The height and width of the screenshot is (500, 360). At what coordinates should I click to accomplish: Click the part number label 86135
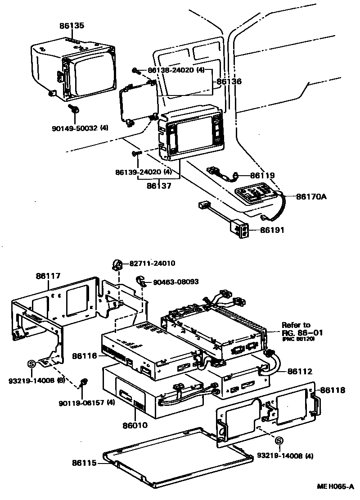72,26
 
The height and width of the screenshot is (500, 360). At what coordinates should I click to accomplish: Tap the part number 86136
229,82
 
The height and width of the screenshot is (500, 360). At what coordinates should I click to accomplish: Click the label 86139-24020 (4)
144,172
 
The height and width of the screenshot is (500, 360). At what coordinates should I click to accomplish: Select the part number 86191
272,230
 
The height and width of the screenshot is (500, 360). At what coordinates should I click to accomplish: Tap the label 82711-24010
153,264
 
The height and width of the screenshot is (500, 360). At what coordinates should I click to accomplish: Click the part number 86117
49,276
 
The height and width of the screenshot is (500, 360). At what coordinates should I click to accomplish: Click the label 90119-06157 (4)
86,402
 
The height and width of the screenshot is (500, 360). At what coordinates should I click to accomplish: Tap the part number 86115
84,463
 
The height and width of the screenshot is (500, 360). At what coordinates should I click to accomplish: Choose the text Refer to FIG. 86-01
297,329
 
